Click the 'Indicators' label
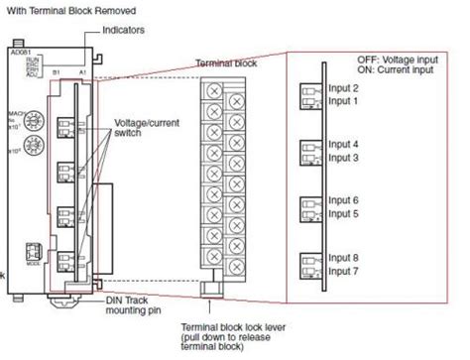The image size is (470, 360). click(x=124, y=30)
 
